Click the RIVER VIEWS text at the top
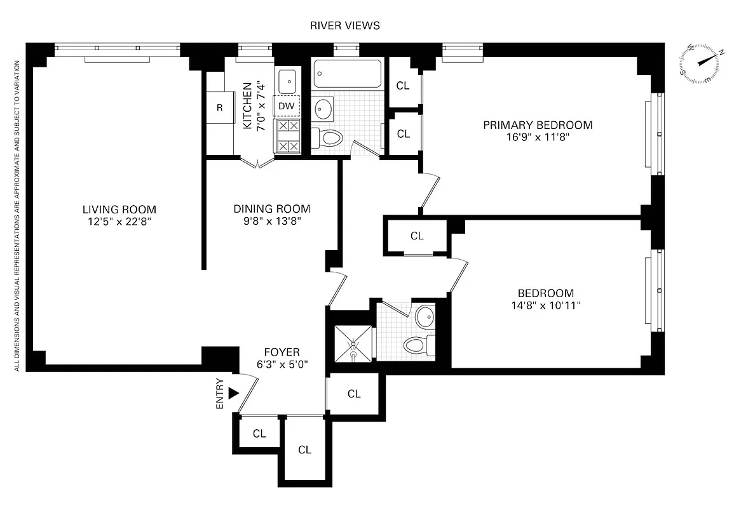click(x=345, y=25)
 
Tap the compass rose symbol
click(x=702, y=63)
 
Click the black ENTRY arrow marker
click(x=233, y=393)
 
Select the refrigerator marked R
click(x=219, y=107)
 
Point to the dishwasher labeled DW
click(x=287, y=106)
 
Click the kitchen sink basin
click(x=288, y=81)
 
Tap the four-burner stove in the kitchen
click(x=288, y=136)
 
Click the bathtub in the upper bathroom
click(x=348, y=74)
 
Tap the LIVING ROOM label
click(x=119, y=210)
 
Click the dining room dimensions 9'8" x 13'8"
click(x=271, y=221)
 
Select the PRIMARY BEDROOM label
click(x=538, y=125)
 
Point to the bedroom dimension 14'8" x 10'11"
click(x=545, y=305)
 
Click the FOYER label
click(x=282, y=352)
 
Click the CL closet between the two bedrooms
click(x=416, y=236)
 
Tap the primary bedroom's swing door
click(x=430, y=190)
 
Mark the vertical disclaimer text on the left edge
click(x=17, y=216)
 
